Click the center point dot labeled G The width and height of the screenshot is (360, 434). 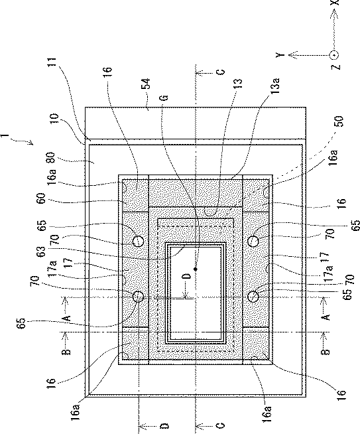click(x=196, y=269)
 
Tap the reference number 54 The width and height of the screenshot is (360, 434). click(x=145, y=84)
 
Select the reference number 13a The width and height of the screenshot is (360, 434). click(x=275, y=86)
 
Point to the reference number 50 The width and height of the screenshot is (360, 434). click(x=338, y=121)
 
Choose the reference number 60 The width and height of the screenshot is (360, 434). click(x=41, y=198)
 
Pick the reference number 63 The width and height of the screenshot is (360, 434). click(x=41, y=252)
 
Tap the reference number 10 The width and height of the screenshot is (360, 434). click(x=53, y=119)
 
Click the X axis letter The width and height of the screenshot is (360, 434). click(x=335, y=3)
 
